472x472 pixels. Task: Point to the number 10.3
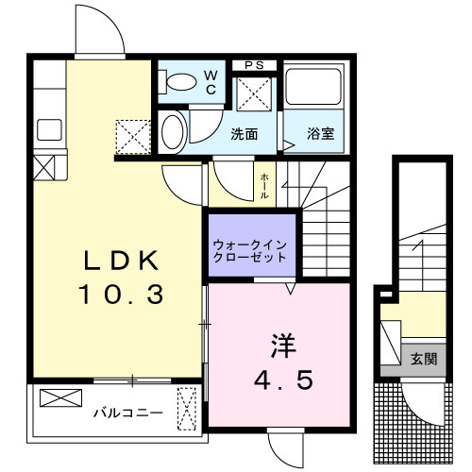point(122,294)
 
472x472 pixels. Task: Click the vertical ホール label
point(265,185)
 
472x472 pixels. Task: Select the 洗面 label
point(244,134)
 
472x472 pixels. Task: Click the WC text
point(211,82)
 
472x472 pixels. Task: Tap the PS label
point(253,64)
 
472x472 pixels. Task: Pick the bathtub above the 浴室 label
point(313,93)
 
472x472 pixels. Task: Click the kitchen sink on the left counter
point(47,129)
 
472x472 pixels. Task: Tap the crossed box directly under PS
point(253,95)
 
